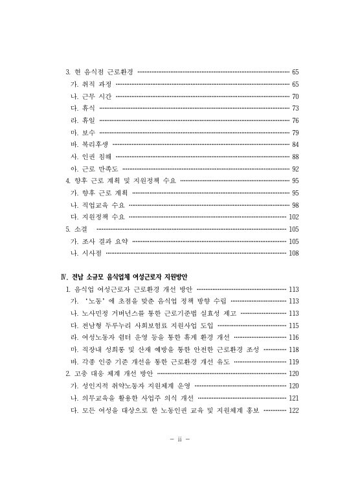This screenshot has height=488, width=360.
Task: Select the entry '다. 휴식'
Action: click(83, 108)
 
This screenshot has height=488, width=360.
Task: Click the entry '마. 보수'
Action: click(83, 132)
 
